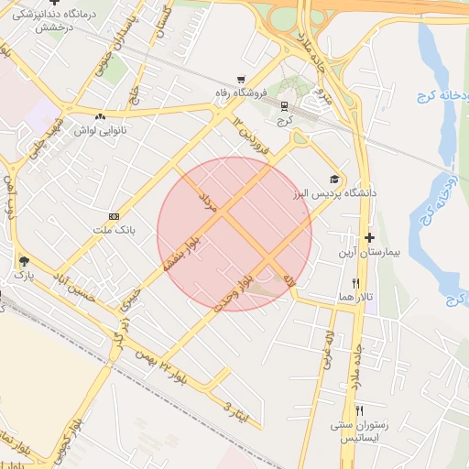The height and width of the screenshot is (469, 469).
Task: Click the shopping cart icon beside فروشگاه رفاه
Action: click(241, 80)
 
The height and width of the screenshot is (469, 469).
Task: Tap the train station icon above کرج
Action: click(285, 104)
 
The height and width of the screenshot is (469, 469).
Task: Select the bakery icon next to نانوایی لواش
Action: click(100, 116)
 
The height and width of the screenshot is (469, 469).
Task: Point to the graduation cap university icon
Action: click(334, 179)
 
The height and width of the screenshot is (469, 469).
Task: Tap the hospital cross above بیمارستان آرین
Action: click(369, 236)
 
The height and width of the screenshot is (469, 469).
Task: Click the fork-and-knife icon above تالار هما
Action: click(355, 284)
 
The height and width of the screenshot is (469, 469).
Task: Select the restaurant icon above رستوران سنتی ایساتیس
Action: click(360, 411)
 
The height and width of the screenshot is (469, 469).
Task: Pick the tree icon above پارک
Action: click(23, 262)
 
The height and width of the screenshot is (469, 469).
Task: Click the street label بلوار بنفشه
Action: click(181, 249)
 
